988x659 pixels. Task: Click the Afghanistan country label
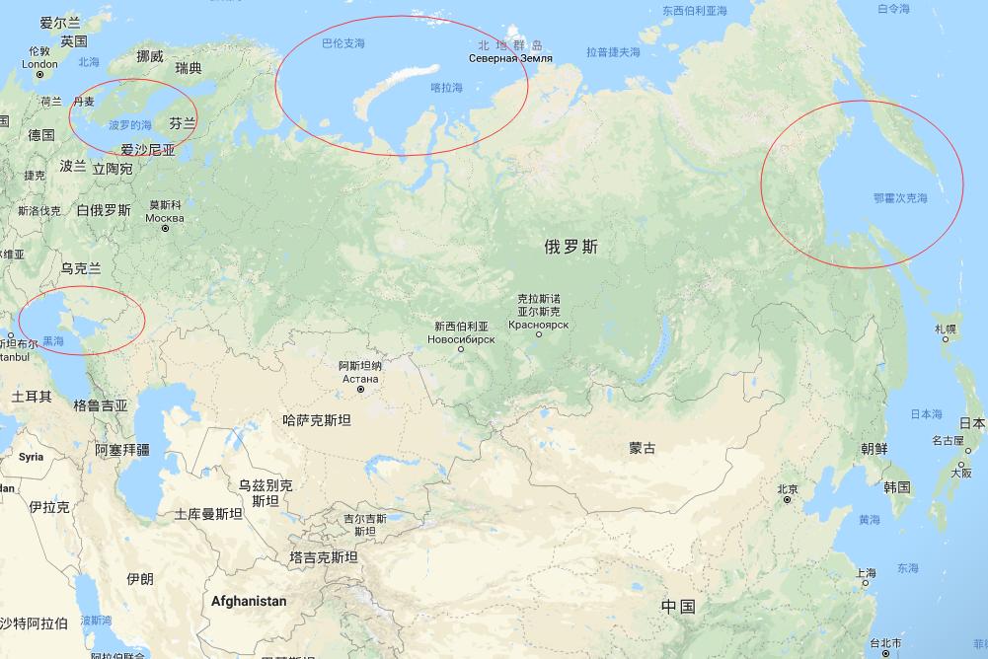tap(249, 601)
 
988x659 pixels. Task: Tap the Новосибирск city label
tap(461, 338)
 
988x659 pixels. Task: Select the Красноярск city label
tap(539, 324)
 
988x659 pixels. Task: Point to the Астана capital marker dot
tap(361, 390)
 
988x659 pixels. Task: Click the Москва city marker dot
tap(165, 229)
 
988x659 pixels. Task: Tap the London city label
tap(40, 64)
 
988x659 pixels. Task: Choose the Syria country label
tap(31, 457)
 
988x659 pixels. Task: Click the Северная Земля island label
tap(510, 58)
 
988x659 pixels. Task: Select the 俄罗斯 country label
tap(570, 247)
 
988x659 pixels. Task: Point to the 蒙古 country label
tap(642, 448)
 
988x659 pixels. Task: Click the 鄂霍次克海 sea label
tap(900, 198)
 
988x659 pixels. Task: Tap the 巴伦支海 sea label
tap(343, 44)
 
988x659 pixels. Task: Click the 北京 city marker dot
tap(787, 500)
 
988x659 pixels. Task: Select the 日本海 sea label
tap(926, 414)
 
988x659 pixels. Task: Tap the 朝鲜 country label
tap(874, 449)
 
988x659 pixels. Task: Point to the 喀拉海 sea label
tap(446, 88)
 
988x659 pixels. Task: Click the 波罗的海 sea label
tap(130, 125)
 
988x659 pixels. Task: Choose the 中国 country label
tap(678, 605)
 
